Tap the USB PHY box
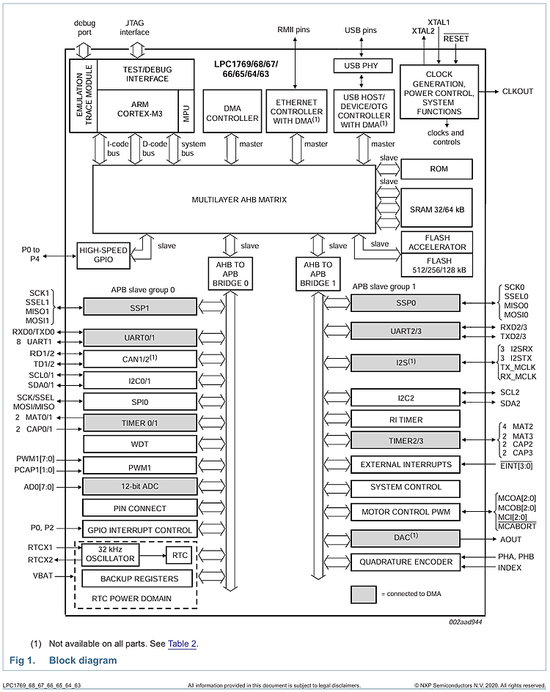(x=360, y=66)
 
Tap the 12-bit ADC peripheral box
(x=139, y=486)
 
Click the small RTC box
(x=180, y=554)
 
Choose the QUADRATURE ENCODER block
(x=406, y=562)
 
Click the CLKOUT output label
(x=518, y=92)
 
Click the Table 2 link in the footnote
(x=182, y=644)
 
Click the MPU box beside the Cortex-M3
(x=187, y=112)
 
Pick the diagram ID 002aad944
(x=466, y=622)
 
